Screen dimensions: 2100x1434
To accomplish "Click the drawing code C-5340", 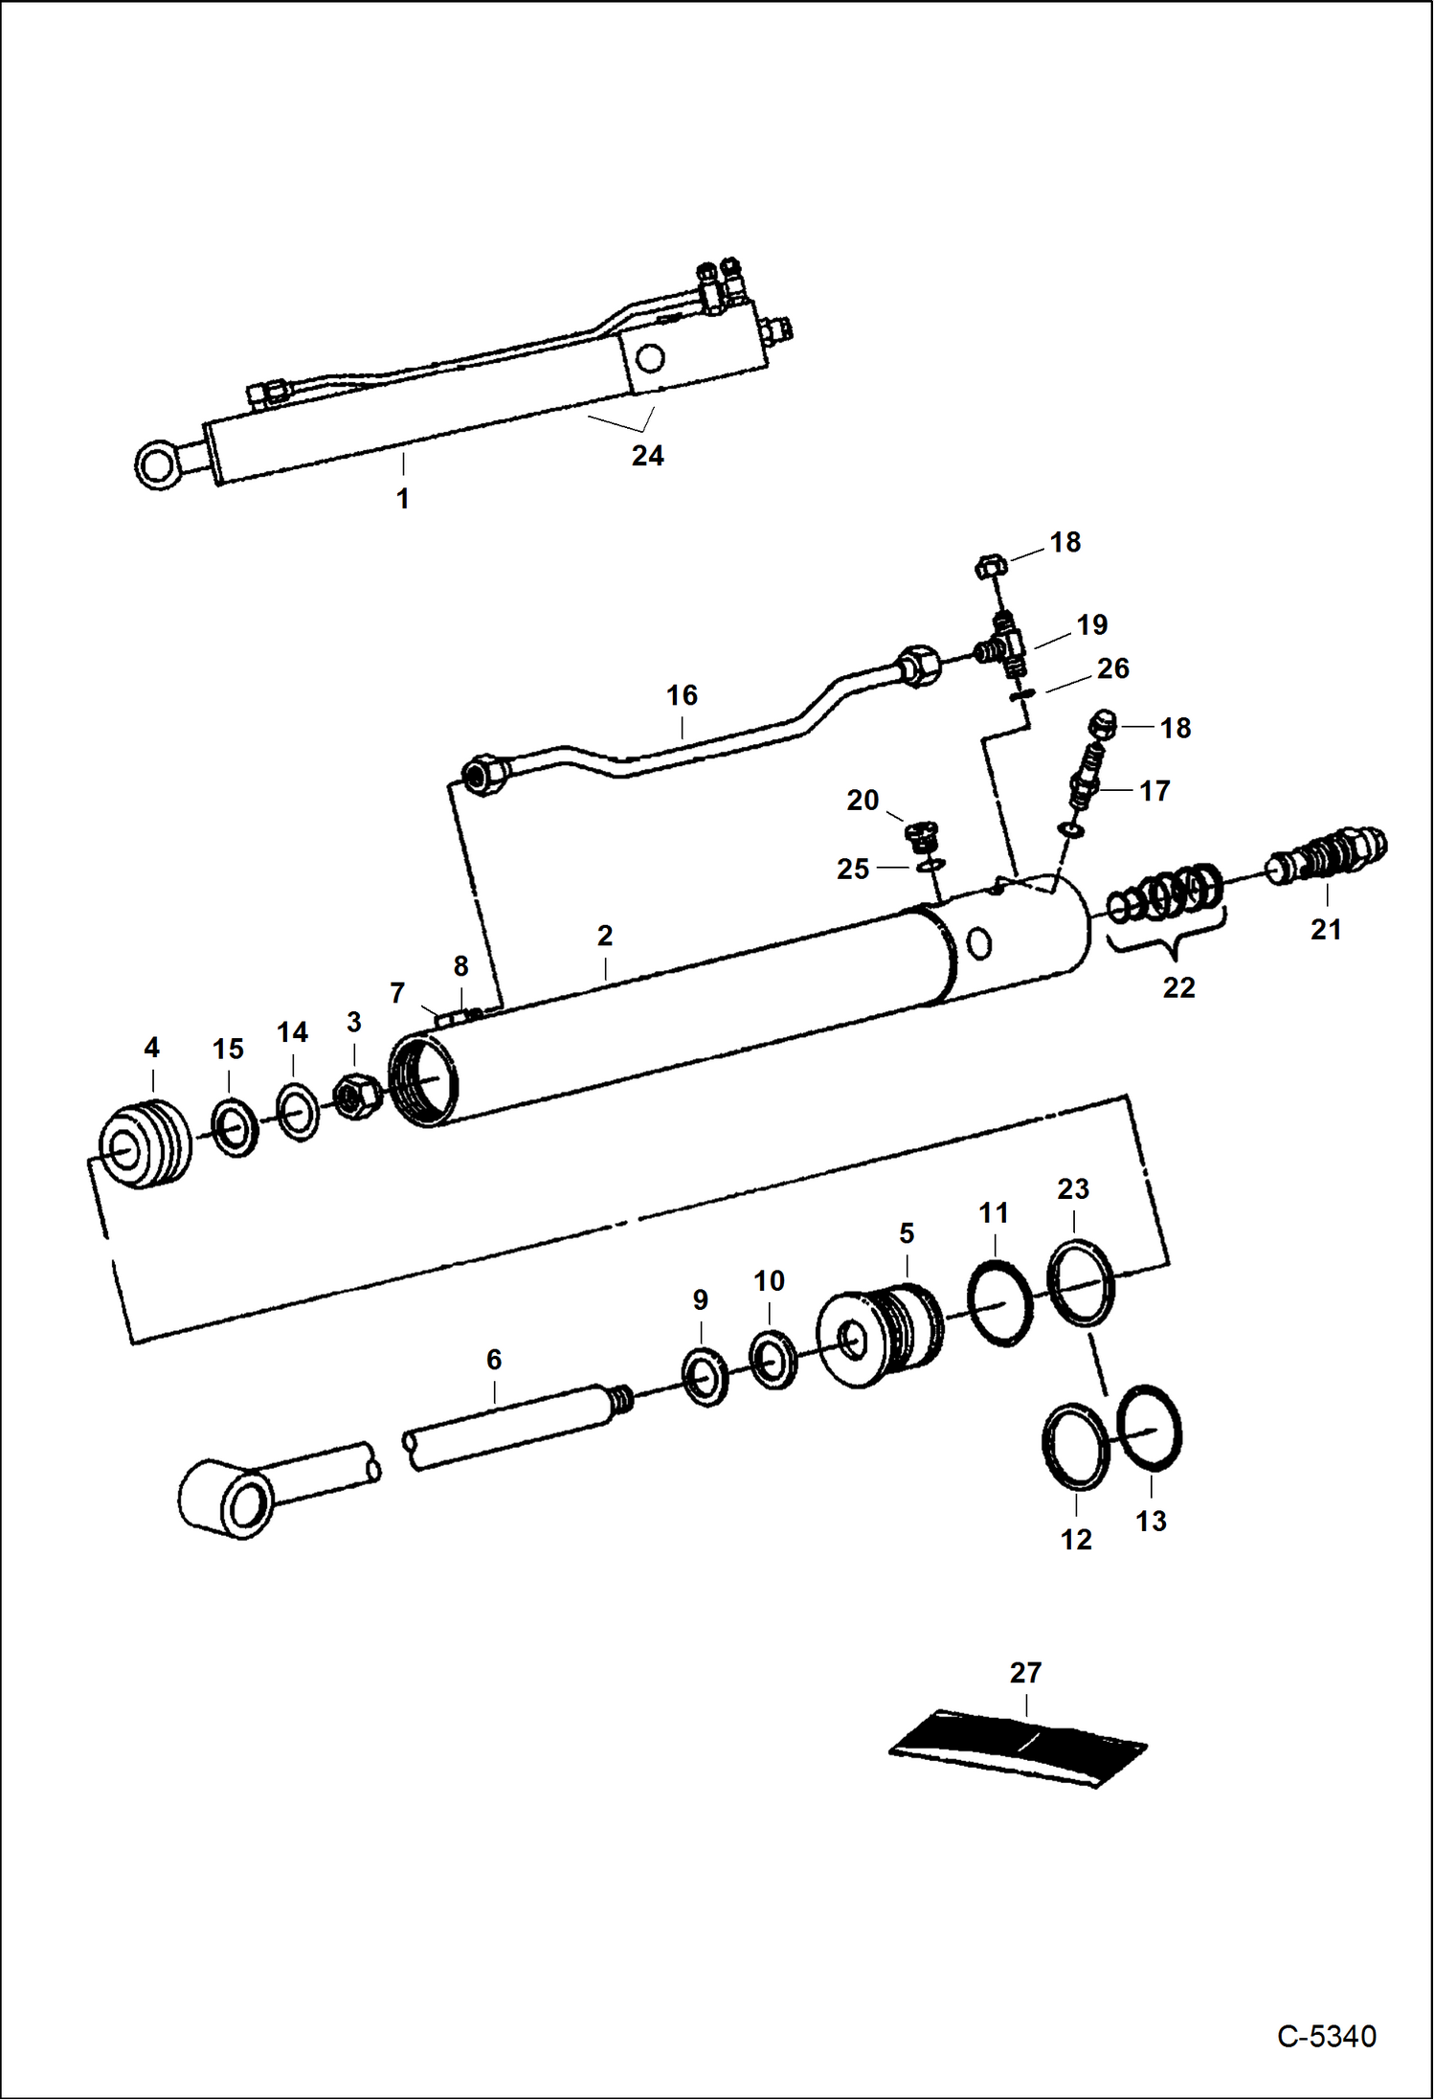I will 1326,2036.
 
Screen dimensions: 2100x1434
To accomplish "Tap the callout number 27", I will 1025,1673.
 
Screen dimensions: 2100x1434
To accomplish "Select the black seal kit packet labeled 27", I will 1018,1748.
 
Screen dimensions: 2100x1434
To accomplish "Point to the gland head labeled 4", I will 146,1144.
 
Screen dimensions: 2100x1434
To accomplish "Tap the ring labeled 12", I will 1076,1447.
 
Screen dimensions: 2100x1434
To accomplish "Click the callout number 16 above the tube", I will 682,695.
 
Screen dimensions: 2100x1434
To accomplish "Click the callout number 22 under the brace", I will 1178,987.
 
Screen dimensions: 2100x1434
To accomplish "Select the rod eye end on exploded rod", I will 230,1500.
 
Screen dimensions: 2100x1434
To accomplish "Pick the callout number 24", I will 647,456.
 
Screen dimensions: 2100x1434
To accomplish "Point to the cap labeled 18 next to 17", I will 1104,724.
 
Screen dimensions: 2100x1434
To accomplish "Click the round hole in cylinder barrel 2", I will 978,944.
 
